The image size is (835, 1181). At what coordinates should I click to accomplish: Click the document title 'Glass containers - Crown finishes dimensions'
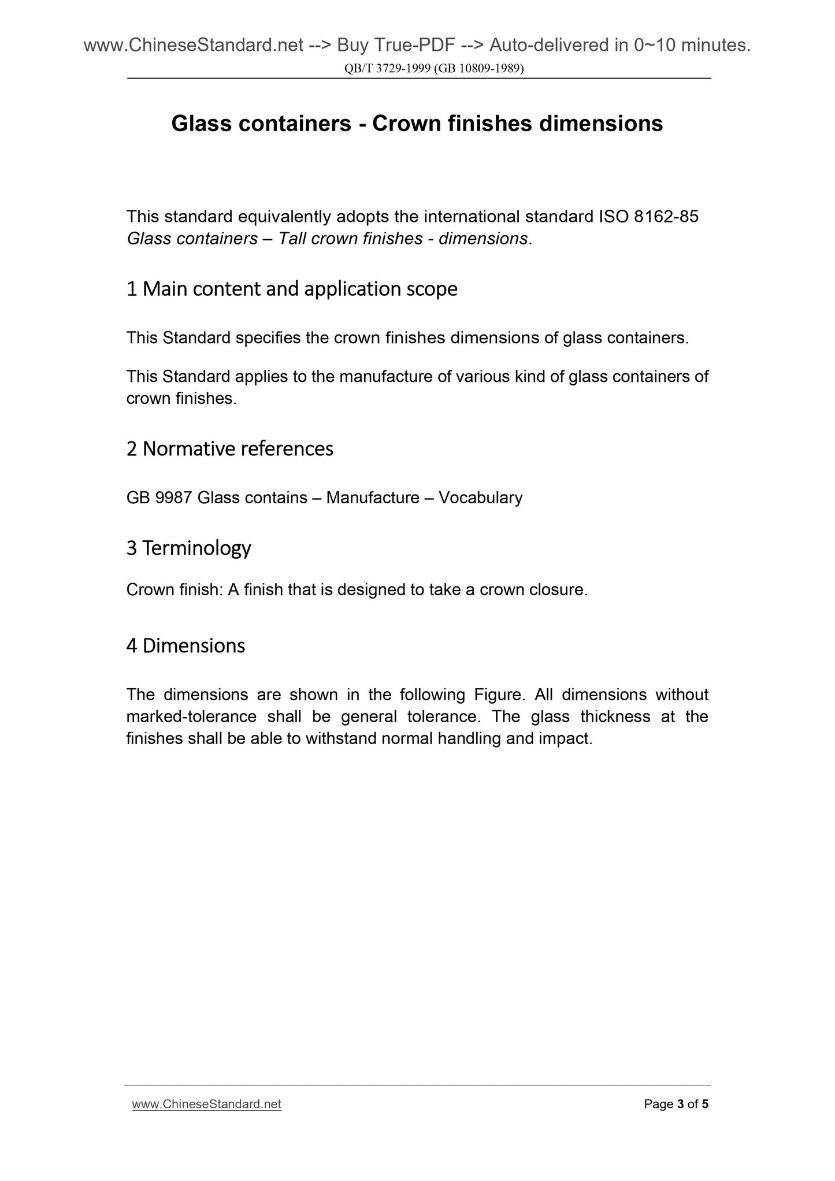[x=417, y=124]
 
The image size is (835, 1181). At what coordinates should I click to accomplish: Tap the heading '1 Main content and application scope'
[x=291, y=289]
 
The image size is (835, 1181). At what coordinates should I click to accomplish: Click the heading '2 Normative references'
[x=229, y=449]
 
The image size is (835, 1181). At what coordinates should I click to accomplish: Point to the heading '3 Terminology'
[x=188, y=548]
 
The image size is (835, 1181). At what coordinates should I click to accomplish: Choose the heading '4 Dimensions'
[x=185, y=645]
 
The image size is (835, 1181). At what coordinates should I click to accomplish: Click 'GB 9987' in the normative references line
[x=158, y=497]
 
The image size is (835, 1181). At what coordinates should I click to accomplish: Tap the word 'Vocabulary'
[x=480, y=497]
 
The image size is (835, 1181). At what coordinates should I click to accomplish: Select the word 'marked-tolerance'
[x=191, y=716]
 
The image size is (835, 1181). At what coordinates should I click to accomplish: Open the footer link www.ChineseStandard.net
[x=206, y=1105]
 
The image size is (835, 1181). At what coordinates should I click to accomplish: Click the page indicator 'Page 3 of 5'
[x=676, y=1105]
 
